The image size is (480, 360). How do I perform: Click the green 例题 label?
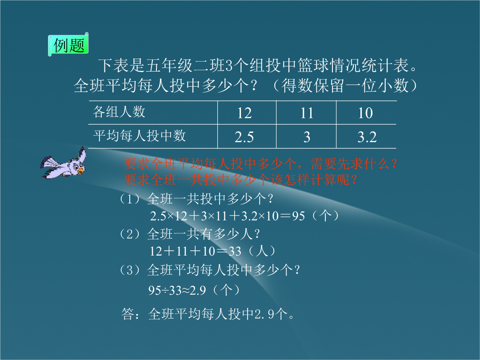(x=68, y=45)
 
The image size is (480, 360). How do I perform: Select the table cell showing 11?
(x=306, y=113)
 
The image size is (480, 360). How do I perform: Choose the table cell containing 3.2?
(x=367, y=137)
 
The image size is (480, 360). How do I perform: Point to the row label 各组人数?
(x=119, y=112)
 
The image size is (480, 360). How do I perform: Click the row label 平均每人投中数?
(x=140, y=136)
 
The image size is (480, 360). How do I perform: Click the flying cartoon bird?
(x=64, y=163)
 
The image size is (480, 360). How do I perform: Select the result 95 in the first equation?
(x=299, y=216)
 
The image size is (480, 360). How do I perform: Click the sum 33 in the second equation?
(x=235, y=251)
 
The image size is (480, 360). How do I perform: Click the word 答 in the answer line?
(x=128, y=314)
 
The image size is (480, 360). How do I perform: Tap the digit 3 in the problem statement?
(x=229, y=65)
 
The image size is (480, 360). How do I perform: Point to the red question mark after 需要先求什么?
(x=394, y=164)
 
